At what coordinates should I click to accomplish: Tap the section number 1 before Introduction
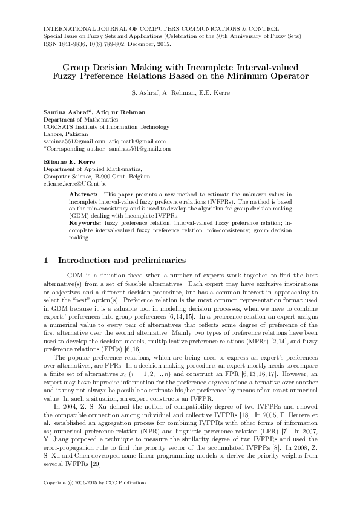(x=47, y=261)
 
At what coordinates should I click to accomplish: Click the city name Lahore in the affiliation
(x=53, y=134)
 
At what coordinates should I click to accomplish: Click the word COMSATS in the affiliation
(x=59, y=127)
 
